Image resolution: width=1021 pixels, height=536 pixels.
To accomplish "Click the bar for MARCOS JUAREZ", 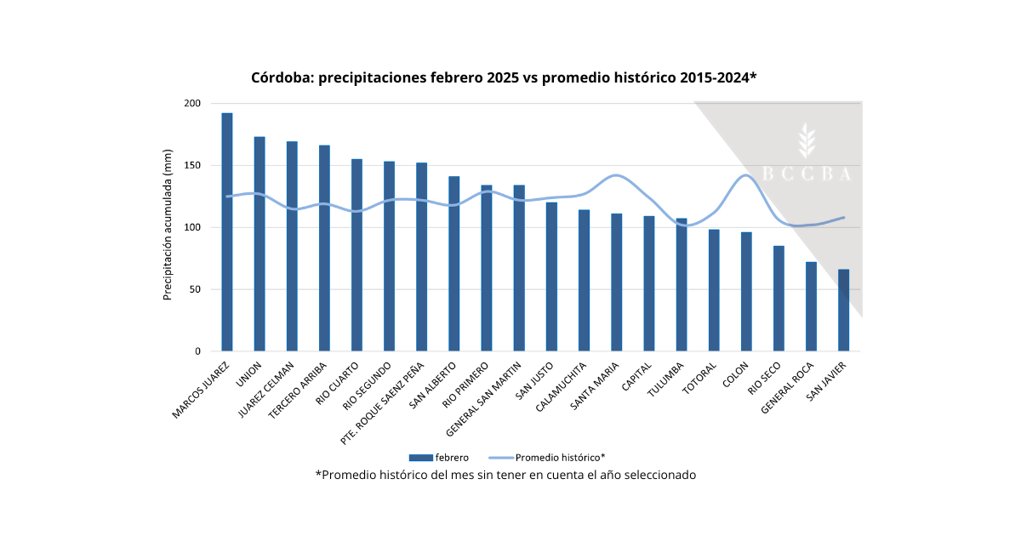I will coord(227,232).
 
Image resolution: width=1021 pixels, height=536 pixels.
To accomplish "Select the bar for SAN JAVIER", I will coord(843,311).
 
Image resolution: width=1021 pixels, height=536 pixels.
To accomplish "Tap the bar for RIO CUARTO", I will coord(356,255).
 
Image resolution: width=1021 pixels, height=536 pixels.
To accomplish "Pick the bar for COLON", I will coord(746,292).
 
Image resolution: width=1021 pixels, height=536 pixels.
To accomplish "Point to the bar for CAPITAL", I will coord(649,284).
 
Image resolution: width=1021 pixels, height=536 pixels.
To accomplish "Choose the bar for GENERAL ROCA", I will coord(811,306).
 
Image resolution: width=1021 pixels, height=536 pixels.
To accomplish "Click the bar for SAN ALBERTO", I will coord(453,264).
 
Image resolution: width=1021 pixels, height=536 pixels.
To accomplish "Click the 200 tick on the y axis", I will coord(192,104).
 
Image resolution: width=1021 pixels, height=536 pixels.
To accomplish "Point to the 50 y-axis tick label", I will coord(195,289).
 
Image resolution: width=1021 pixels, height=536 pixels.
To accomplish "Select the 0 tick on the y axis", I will coord(197,351).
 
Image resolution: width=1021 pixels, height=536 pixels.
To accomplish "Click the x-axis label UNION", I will coord(250,373).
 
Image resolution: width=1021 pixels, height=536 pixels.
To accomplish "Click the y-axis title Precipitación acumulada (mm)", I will coord(168,228).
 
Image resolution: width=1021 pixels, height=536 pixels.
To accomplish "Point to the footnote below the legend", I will coord(505,475).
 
